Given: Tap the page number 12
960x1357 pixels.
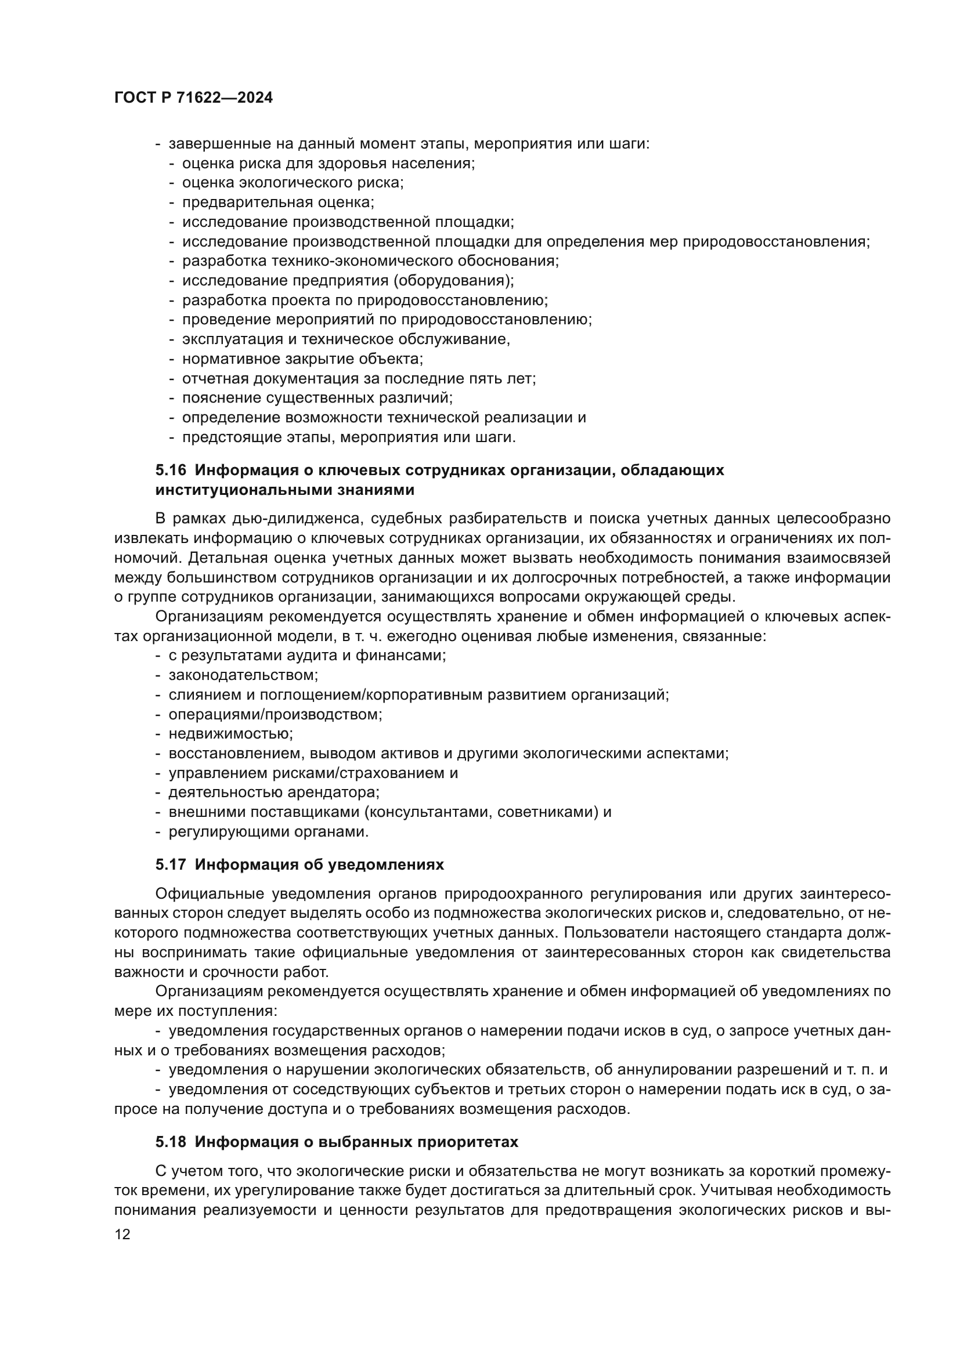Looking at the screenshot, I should pos(122,1234).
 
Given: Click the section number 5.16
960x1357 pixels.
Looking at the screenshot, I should pos(171,471).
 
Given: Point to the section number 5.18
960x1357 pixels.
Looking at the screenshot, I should pos(171,1142).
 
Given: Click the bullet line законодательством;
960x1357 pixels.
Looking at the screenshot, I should pos(244,675).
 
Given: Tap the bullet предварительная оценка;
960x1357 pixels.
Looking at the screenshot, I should pos(278,202).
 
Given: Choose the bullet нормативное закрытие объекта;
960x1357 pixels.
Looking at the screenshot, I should pos(302,359).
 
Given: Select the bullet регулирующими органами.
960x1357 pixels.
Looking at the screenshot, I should pos(268,831).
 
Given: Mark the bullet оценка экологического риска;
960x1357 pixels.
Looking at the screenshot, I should pos(293,183).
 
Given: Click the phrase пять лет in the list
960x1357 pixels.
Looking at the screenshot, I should pos(503,378).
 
